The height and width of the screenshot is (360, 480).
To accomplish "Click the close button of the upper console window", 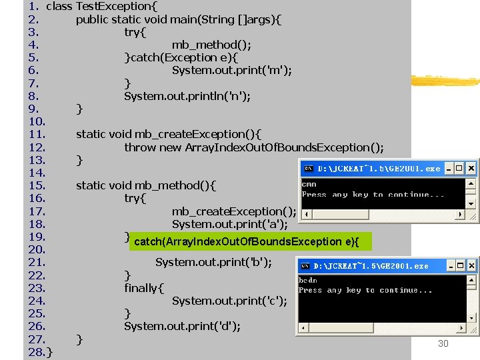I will (472, 169).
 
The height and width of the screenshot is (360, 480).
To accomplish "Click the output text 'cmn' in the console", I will (309, 184).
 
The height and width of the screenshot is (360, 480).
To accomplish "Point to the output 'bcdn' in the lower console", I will (307, 281).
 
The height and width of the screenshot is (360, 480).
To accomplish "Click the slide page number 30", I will (443, 343).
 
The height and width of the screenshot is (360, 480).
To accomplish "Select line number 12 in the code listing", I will (37, 147).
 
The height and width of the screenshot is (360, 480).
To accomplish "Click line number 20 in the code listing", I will (37, 249).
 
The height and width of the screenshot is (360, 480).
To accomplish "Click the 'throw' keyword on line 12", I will (139, 147).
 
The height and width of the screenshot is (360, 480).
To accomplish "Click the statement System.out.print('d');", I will (182, 326).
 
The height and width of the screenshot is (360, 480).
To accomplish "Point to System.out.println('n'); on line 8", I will (187, 96).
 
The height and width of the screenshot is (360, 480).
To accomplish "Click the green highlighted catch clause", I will (246, 241).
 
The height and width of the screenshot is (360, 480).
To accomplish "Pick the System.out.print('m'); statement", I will (231, 70).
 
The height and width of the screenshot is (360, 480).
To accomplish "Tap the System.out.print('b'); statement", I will (213, 262).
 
